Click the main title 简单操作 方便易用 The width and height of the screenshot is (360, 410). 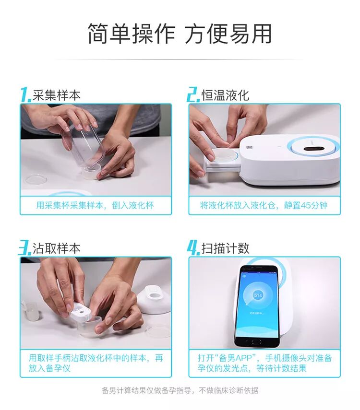tap(180, 34)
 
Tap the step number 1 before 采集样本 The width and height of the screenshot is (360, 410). tap(26, 94)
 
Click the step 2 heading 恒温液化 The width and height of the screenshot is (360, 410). tap(225, 95)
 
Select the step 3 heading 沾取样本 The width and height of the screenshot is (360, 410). tap(56, 248)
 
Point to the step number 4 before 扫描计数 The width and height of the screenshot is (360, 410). tap(193, 247)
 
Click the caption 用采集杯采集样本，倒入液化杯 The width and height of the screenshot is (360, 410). tap(95, 205)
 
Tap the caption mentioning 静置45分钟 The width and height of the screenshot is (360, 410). tap(264, 205)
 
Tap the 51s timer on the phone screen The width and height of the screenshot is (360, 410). tap(258, 295)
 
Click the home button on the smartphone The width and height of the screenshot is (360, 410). tap(256, 342)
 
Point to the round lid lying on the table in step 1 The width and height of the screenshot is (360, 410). tap(36, 180)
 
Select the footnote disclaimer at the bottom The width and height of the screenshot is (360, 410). tap(180, 391)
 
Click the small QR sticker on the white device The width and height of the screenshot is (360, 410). tap(249, 148)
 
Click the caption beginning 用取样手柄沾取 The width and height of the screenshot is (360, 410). tap(96, 363)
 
